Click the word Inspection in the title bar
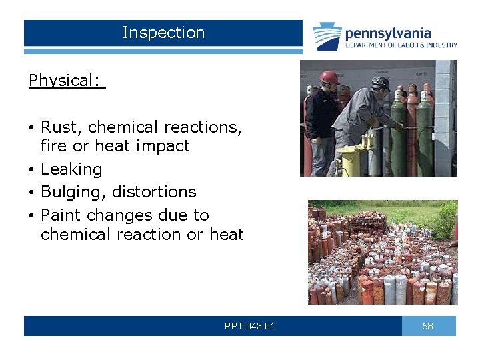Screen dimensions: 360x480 (163, 33)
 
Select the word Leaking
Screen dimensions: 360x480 (71, 169)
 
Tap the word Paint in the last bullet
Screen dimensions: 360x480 (60, 215)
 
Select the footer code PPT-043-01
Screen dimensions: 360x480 (250, 326)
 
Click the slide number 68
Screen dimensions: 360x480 (428, 326)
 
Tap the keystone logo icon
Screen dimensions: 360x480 (327, 37)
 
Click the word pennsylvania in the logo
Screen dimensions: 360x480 (387, 33)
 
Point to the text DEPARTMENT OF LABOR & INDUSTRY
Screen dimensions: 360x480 (401, 45)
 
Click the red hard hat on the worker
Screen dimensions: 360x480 (328, 77)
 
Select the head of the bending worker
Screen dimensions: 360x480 (381, 85)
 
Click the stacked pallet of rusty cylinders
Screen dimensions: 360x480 (368, 222)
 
